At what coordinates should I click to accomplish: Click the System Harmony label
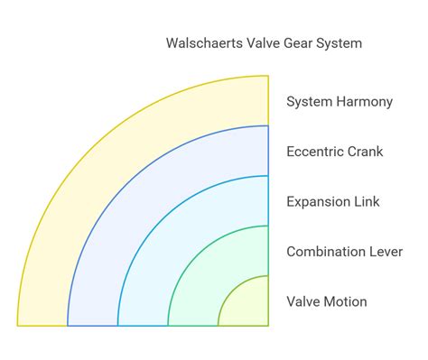click(340, 101)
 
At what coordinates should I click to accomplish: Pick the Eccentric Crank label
click(335, 151)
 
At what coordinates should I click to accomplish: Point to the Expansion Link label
click(333, 201)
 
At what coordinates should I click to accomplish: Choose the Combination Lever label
click(343, 251)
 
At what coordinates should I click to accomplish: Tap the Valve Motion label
click(327, 301)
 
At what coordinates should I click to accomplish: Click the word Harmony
click(364, 101)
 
